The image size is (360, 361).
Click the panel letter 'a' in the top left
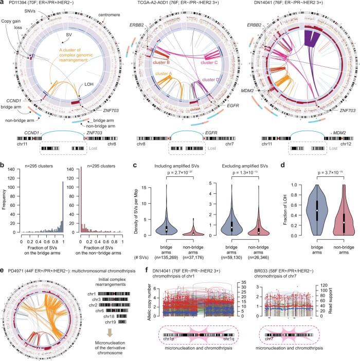(3, 3)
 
